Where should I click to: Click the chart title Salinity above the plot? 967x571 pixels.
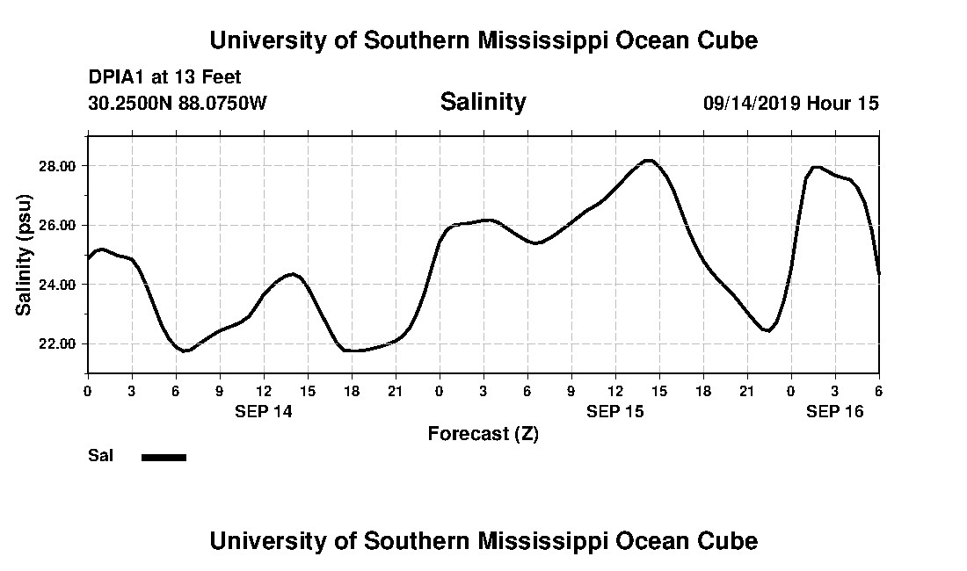tap(483, 102)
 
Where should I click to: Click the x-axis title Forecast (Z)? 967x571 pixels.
tap(483, 433)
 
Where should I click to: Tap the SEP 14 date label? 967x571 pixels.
tap(263, 411)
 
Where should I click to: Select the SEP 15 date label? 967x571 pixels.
tap(614, 411)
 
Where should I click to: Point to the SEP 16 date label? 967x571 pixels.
tap(834, 411)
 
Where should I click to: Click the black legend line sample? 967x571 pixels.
tap(164, 457)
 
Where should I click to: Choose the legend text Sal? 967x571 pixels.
tap(101, 456)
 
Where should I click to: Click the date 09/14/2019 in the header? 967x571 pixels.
tap(752, 104)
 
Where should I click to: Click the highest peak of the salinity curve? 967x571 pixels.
tap(649, 161)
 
